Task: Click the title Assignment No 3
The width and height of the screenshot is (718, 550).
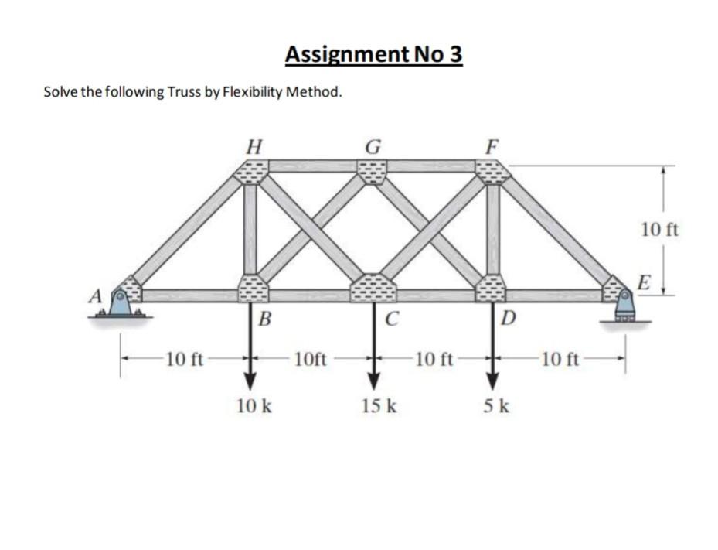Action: click(x=373, y=55)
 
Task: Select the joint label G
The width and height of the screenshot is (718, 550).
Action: click(x=373, y=145)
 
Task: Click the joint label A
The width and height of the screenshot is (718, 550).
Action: click(x=97, y=295)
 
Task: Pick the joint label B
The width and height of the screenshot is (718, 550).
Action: click(x=264, y=317)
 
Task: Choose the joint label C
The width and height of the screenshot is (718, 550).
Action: click(x=392, y=317)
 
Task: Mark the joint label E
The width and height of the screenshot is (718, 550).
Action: click(x=643, y=280)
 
